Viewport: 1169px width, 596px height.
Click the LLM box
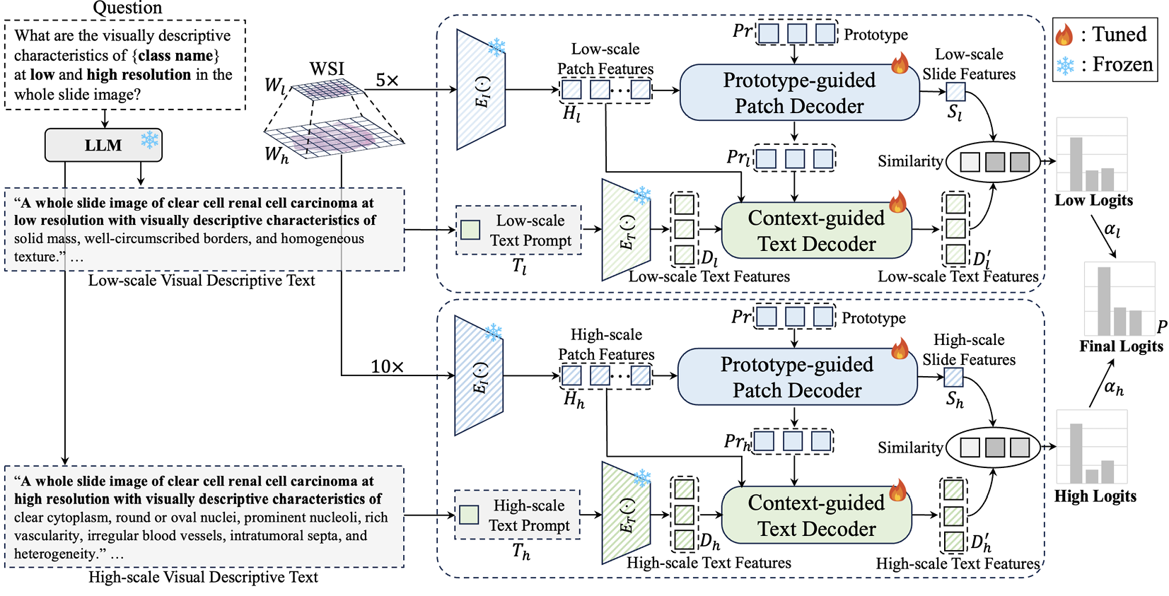click(x=103, y=145)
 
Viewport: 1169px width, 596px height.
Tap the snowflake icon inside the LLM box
click(x=149, y=140)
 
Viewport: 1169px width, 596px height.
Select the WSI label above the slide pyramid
click(x=327, y=69)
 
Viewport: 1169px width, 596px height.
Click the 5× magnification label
click(x=387, y=81)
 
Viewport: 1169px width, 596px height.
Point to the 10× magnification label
click(x=387, y=366)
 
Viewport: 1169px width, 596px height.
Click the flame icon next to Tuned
click(x=1064, y=34)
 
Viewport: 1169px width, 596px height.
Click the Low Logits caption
click(x=1093, y=200)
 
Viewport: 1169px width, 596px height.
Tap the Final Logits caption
click(x=1121, y=346)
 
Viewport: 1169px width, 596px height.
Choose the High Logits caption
click(x=1095, y=496)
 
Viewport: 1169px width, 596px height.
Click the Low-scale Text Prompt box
click(x=519, y=230)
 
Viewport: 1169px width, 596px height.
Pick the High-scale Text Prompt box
click(x=518, y=515)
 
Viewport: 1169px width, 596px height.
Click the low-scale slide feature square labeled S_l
click(x=955, y=92)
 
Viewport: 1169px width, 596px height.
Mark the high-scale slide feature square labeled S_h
click(x=953, y=378)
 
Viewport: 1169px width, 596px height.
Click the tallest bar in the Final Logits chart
click(x=1103, y=300)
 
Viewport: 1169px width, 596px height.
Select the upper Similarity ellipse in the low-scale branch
click(x=993, y=162)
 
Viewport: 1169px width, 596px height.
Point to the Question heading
click(x=127, y=8)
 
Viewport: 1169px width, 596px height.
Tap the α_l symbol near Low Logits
click(x=1112, y=229)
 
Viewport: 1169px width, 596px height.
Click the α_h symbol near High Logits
click(x=1113, y=387)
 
